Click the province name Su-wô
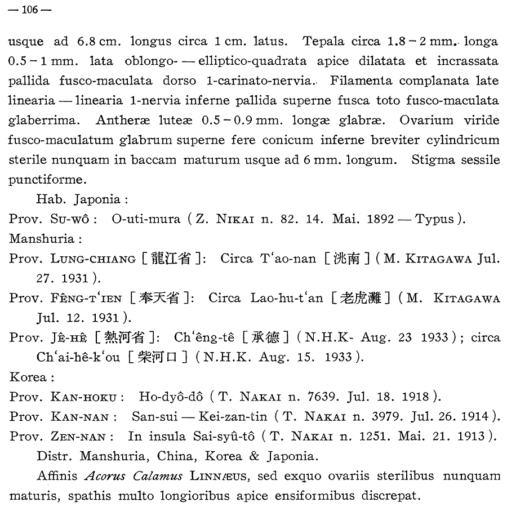72,219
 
